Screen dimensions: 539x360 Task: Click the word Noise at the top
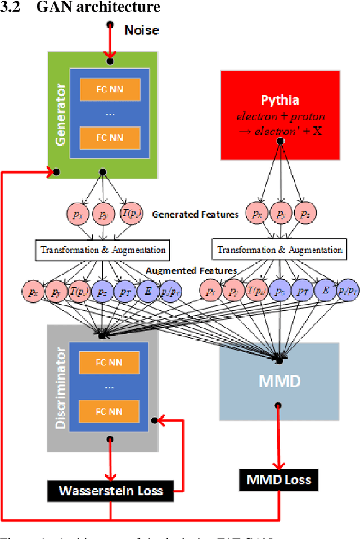coord(141,30)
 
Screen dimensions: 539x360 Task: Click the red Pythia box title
coord(280,101)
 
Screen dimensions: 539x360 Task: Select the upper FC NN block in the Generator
coord(110,88)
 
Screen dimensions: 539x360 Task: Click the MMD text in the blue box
coord(280,381)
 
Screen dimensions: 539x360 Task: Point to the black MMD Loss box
coord(279,480)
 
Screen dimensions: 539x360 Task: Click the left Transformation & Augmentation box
coord(102,250)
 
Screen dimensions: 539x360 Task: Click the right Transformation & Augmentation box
coord(280,250)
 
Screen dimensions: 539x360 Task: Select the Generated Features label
coord(195,214)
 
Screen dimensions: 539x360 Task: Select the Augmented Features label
coord(191,271)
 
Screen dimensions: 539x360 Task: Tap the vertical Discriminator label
coord(61,388)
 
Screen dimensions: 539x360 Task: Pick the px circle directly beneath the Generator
coord(76,214)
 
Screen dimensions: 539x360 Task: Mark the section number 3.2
coord(11,7)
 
